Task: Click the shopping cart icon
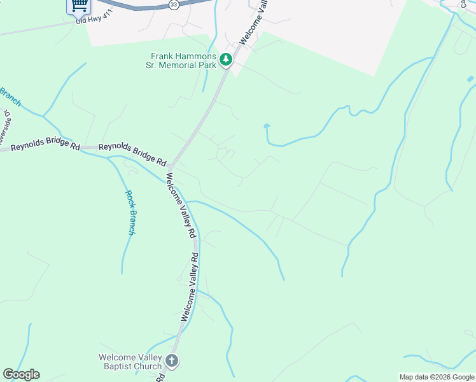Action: point(79,6)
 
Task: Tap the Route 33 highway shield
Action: point(174,4)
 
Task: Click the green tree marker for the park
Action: point(226,60)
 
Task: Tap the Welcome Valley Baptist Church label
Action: point(130,361)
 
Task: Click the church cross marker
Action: point(171,361)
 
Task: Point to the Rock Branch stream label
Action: point(130,213)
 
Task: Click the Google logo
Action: point(21,374)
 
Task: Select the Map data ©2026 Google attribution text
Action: point(437,377)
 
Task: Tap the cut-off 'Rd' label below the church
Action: point(161,378)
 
